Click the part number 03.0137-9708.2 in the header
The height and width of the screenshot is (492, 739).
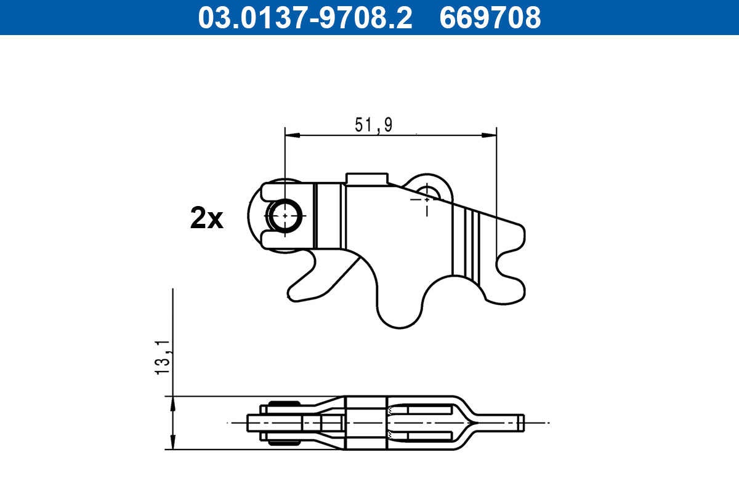[x=305, y=17]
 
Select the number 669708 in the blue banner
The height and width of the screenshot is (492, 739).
[x=490, y=17]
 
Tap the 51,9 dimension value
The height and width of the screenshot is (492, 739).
[x=373, y=125]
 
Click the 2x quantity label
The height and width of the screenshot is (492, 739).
[x=206, y=218]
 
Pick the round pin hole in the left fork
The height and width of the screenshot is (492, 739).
[x=285, y=215]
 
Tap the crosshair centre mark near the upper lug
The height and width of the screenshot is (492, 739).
[x=426, y=199]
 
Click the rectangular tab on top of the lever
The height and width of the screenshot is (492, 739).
[x=367, y=178]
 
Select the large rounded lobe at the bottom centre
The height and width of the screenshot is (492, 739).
[x=400, y=311]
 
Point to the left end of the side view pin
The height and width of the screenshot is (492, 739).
[x=249, y=423]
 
